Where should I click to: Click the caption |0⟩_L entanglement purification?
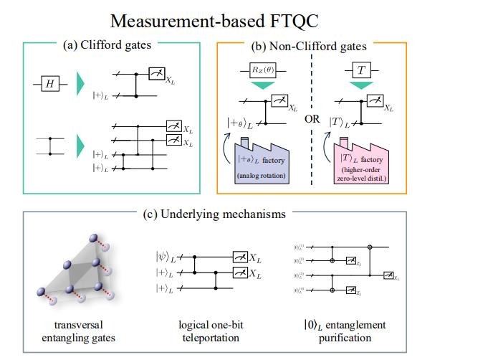pyautogui.click(x=343, y=331)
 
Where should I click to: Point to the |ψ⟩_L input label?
pyautogui.click(x=165, y=255)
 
